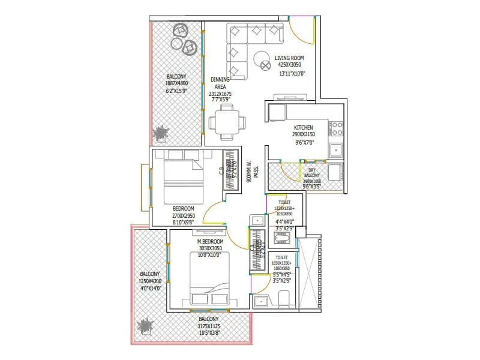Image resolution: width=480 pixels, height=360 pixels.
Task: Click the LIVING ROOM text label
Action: pos(290,58)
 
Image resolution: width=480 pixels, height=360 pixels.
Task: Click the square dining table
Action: pos(227,121)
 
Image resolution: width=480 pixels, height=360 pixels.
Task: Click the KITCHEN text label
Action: pos(304,128)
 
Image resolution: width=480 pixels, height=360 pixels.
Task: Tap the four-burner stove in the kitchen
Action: pos(336,127)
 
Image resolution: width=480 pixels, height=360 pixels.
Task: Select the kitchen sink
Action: pos(336,149)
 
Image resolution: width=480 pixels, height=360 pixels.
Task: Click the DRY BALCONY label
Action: pos(312,173)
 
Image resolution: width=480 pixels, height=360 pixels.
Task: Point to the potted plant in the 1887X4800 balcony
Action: pos(161,134)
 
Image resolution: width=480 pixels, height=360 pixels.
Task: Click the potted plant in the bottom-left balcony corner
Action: pos(145,326)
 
